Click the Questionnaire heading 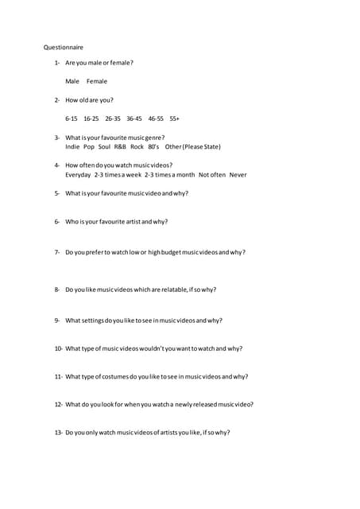pos(63,47)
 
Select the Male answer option pos(72,81)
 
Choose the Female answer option pos(97,81)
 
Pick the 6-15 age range pos(72,119)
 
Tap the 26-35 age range pos(113,119)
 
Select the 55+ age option pos(175,119)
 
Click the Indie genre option pos(72,146)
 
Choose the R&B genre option pos(120,146)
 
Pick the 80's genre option pos(153,146)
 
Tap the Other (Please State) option pos(192,146)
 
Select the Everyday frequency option pos(78,174)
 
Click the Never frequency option pos(238,174)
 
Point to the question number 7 pos(57,252)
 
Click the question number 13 pos(59,433)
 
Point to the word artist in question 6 pos(134,222)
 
